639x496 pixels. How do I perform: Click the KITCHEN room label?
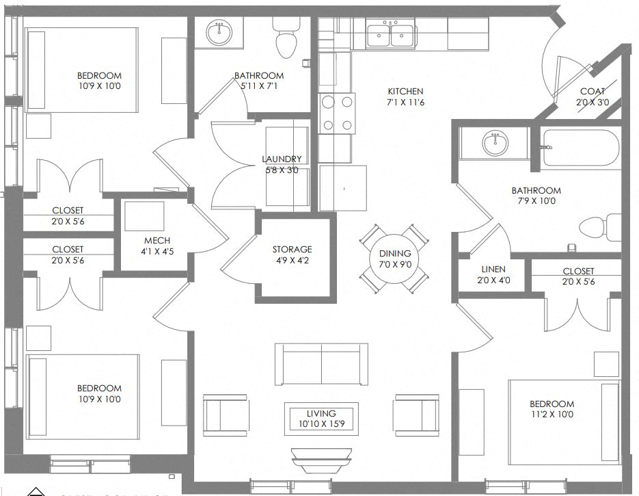click(x=405, y=96)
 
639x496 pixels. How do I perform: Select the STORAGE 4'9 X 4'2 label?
click(x=292, y=254)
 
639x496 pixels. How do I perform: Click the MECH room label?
click(x=152, y=246)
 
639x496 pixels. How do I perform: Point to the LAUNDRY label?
click(x=281, y=164)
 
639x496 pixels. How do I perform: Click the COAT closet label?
click(x=593, y=96)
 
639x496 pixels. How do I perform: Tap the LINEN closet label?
click(x=493, y=274)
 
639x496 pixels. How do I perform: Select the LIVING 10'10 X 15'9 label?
click(x=321, y=419)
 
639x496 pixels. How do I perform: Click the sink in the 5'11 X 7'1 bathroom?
click(x=219, y=31)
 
